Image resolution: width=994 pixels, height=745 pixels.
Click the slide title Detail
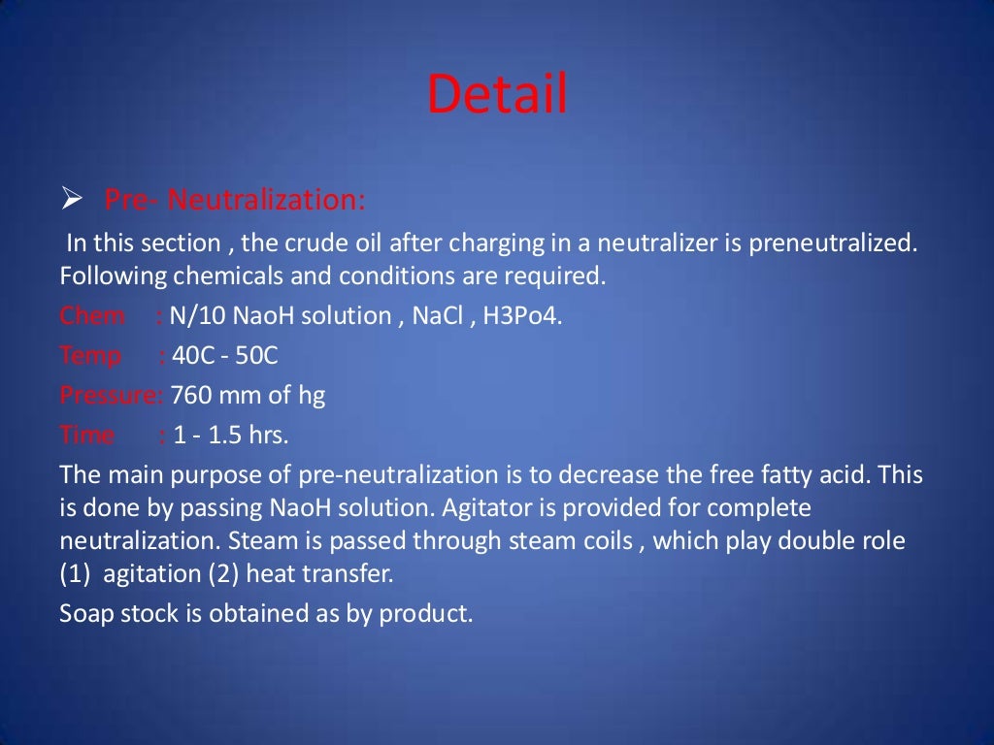click(x=497, y=95)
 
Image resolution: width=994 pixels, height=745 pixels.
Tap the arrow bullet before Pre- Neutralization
click(x=71, y=201)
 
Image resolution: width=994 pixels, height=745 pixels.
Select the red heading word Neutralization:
click(x=267, y=201)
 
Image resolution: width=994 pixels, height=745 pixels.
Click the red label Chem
click(x=92, y=315)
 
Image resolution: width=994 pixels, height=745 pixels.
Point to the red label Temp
click(x=90, y=355)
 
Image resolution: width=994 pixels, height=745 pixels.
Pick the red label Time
click(x=86, y=435)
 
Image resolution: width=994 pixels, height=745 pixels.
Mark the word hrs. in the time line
click(x=268, y=435)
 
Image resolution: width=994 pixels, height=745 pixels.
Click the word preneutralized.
click(x=833, y=243)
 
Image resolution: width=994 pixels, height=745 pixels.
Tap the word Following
click(x=113, y=275)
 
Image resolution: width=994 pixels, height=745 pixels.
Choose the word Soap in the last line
click(x=86, y=613)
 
